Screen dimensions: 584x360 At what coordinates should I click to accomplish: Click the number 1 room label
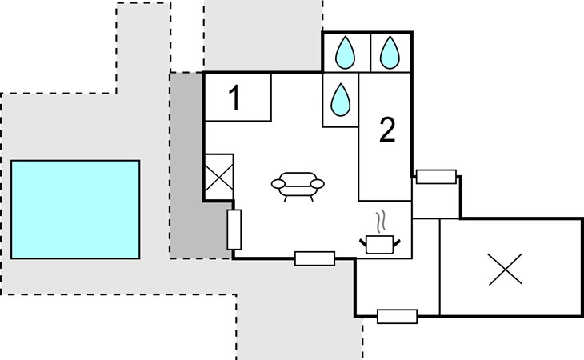click(234, 98)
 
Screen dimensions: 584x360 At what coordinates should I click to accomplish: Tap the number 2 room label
click(387, 130)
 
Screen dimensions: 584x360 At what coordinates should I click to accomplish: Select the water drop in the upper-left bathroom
click(346, 53)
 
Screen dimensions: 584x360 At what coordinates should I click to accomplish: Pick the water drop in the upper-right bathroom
click(390, 53)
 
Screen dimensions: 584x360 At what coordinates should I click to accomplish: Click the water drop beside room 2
click(341, 100)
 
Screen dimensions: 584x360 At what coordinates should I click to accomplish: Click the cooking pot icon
click(379, 244)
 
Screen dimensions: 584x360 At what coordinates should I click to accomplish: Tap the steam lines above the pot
click(380, 221)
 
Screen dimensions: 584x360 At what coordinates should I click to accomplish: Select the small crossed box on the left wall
click(219, 178)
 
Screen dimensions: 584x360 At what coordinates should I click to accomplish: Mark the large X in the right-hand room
click(505, 269)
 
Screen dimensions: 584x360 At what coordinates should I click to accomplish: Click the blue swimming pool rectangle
click(75, 210)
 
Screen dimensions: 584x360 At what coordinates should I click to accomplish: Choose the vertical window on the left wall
click(234, 230)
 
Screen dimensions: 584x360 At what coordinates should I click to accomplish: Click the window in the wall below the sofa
click(314, 258)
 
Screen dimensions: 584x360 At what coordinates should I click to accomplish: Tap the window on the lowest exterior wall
click(397, 317)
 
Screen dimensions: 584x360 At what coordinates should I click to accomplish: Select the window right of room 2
click(436, 177)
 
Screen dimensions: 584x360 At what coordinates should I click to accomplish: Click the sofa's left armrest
click(278, 183)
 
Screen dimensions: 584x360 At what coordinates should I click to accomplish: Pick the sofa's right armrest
click(318, 183)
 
